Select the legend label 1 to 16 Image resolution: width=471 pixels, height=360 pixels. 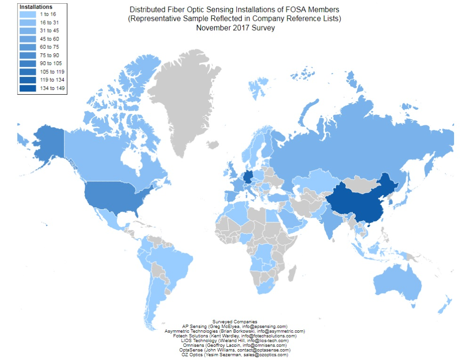(47, 14)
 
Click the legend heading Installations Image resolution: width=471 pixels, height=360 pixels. (36, 7)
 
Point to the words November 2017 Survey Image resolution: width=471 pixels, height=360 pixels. (235, 28)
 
